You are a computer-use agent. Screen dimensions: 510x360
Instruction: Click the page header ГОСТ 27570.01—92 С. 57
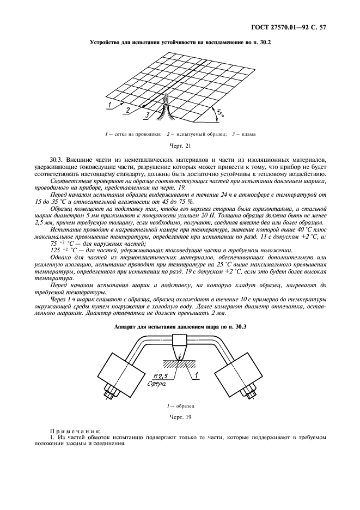pyautogui.click(x=294, y=26)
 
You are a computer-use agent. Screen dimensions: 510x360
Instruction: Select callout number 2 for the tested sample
pyautogui.click(x=127, y=110)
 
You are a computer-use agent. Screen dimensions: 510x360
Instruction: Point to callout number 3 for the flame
pyautogui.click(x=146, y=115)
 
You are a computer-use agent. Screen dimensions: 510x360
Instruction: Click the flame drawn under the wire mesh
pyautogui.click(x=164, y=112)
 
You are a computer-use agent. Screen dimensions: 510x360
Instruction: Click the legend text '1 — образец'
pyautogui.click(x=180, y=406)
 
